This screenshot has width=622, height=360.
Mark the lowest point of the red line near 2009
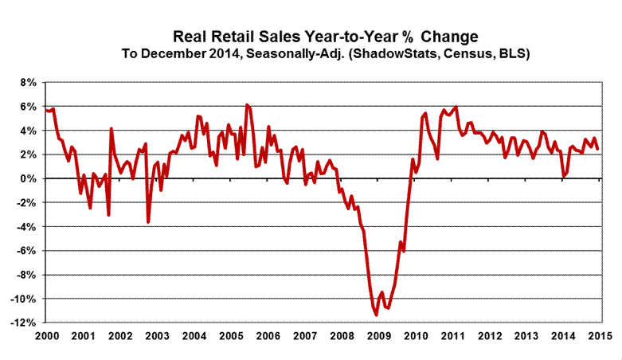point(376,315)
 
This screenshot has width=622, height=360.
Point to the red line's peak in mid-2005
point(247,104)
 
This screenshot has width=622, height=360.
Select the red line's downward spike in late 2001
point(108,215)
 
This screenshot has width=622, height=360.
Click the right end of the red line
point(598,149)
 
